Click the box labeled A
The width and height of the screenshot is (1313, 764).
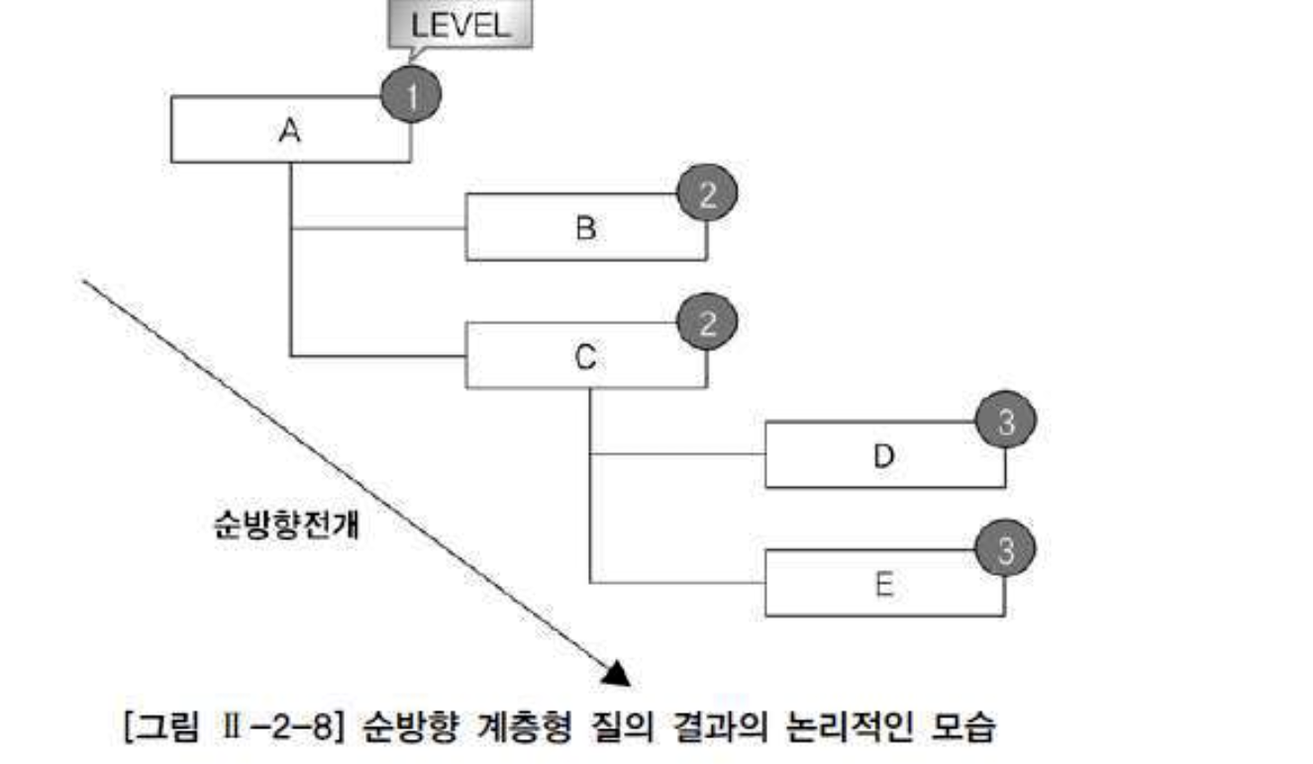click(290, 130)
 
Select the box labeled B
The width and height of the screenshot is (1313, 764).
click(585, 228)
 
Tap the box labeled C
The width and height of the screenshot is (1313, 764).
click(585, 355)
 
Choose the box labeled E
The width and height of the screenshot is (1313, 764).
click(884, 584)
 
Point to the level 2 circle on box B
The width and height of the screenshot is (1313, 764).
click(707, 194)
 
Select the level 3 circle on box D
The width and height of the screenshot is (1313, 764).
click(1006, 422)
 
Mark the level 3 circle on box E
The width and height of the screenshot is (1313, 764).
click(1006, 550)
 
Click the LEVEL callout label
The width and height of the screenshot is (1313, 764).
click(459, 26)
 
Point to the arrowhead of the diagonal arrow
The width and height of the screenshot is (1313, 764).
click(616, 673)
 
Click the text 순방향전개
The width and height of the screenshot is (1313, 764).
click(287, 524)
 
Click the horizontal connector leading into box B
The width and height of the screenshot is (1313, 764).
click(378, 229)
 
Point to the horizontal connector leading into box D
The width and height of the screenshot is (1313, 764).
click(677, 454)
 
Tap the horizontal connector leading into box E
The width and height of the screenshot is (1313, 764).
click(677, 582)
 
